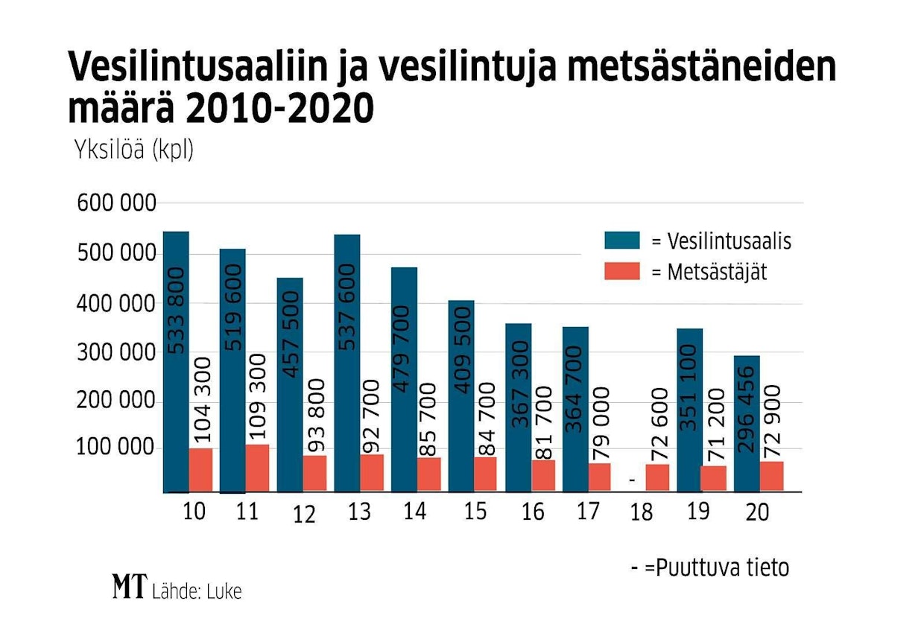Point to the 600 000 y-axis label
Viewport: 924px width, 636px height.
coord(117,203)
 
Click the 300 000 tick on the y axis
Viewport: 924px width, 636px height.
coord(117,352)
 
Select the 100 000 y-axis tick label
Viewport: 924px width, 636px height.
coord(117,449)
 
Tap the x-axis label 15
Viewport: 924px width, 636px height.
coord(474,512)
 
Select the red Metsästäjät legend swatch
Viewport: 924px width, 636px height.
coord(622,271)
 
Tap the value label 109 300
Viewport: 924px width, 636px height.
coord(257,398)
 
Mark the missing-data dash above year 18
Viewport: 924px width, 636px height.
coord(632,481)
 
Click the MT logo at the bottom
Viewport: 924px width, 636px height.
coord(130,587)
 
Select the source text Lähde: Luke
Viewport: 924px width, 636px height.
coord(197,591)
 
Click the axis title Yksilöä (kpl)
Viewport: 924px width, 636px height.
coord(133,150)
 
